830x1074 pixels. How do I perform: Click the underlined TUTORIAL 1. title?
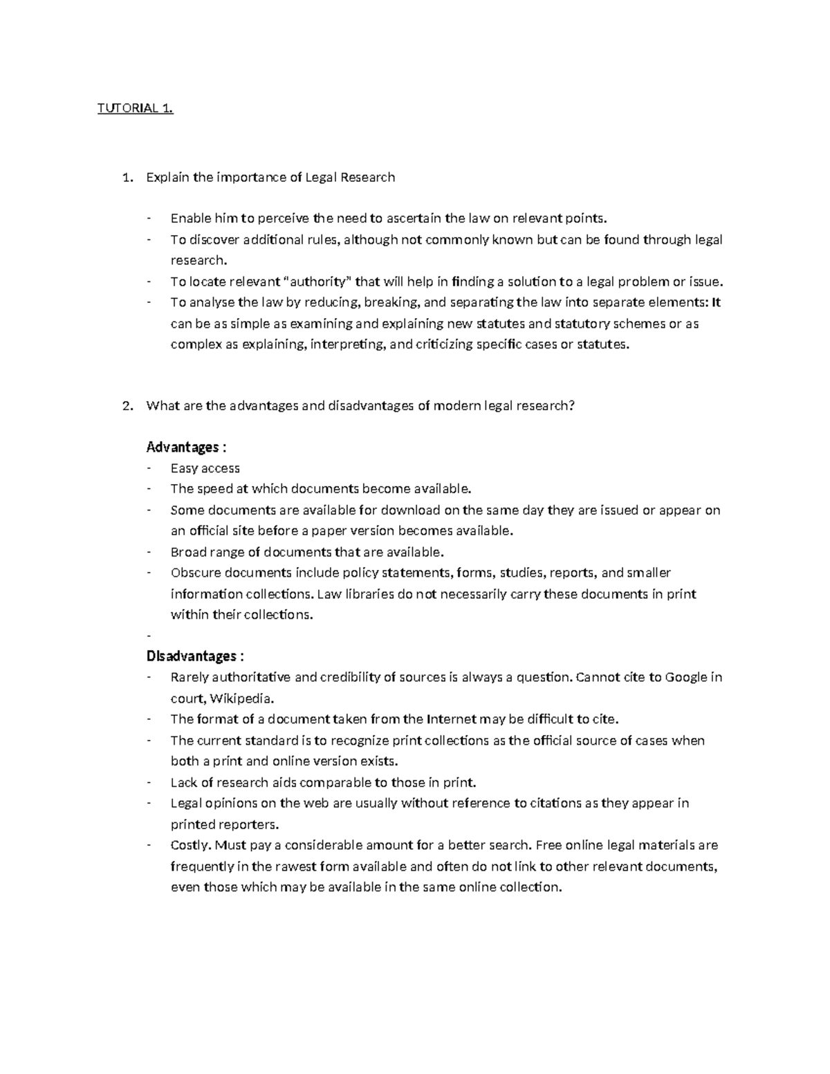click(135, 108)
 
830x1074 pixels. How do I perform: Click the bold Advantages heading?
click(183, 447)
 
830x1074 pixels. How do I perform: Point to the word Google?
click(686, 677)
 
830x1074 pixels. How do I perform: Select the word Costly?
click(191, 845)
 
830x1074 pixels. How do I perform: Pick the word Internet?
click(452, 719)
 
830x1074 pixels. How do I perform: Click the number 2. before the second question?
click(126, 406)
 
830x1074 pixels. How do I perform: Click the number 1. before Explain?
click(126, 177)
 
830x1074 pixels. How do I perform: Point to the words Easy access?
click(205, 468)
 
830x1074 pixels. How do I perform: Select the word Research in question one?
click(368, 177)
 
